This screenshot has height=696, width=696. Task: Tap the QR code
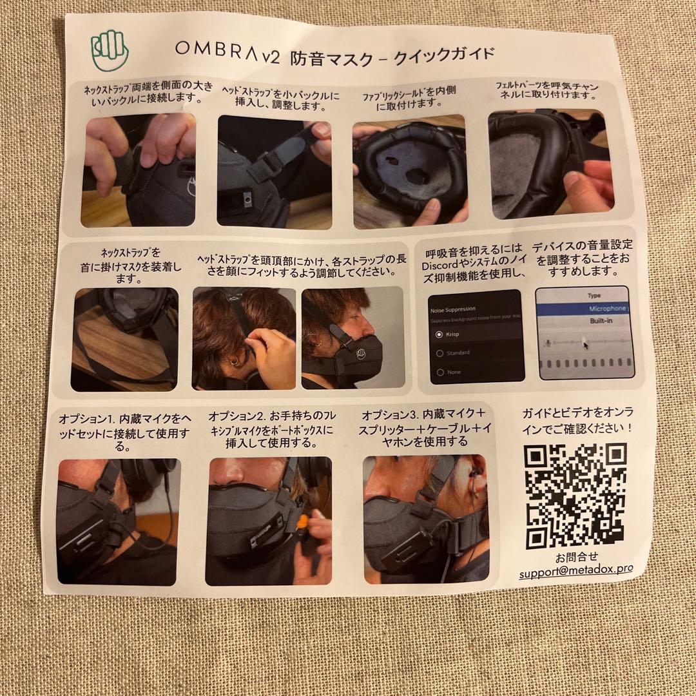pyautogui.click(x=575, y=496)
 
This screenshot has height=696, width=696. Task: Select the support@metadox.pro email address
pyautogui.click(x=575, y=572)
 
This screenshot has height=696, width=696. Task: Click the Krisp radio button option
pyautogui.click(x=440, y=335)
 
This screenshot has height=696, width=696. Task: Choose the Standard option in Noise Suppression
pyautogui.click(x=440, y=354)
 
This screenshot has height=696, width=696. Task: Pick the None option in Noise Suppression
pyautogui.click(x=440, y=372)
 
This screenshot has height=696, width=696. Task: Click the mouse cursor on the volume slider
pyautogui.click(x=585, y=344)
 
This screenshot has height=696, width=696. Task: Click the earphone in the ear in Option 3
pyautogui.click(x=474, y=476)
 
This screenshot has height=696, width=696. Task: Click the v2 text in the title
pyautogui.click(x=271, y=57)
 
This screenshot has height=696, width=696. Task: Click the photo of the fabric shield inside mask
pyautogui.click(x=409, y=171)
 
